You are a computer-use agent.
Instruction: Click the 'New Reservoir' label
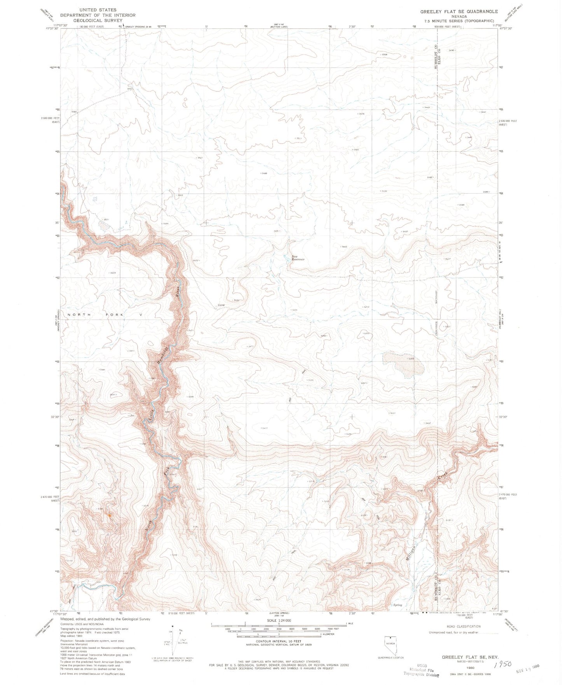[x=298, y=258]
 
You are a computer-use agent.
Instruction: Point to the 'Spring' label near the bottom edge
[x=397, y=605]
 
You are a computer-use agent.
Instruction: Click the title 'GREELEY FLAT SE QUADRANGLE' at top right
[x=459, y=12]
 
